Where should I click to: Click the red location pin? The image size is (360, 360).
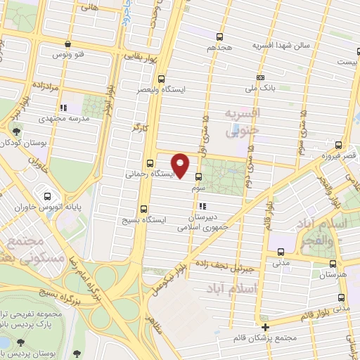coord(181,165)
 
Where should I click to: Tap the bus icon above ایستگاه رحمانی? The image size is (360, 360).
coord(150,163)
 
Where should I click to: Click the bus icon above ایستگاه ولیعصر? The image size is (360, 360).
coord(162,79)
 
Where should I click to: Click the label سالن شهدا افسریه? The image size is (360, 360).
coord(283,46)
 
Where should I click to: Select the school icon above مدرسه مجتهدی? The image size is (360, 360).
coord(63,108)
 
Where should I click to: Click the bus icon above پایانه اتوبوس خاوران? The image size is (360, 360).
coord(47,197)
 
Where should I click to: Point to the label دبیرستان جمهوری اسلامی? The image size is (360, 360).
coord(202,222)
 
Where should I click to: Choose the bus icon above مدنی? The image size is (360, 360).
coord(281,252)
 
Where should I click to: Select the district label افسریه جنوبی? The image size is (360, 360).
coord(242,121)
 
